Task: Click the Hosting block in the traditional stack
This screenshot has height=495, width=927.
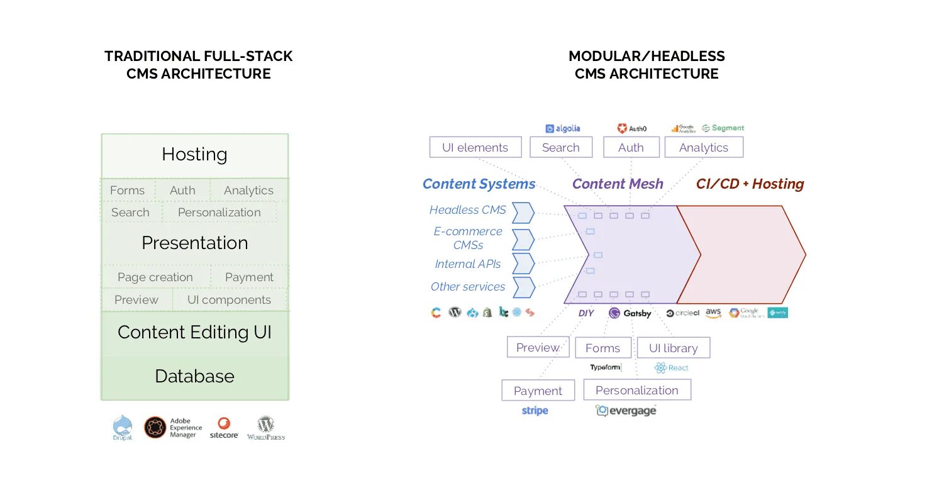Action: point(194,155)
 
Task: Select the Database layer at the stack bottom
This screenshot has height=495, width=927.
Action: point(194,377)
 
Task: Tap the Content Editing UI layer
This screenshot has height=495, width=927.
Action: point(194,333)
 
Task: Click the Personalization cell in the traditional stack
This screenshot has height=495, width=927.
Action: point(219,213)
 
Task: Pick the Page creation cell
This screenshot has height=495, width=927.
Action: point(155,277)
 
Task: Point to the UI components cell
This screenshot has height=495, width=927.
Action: point(229,300)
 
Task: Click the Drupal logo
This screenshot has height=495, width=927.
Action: point(123,428)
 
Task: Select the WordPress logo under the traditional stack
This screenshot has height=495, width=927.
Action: point(265,428)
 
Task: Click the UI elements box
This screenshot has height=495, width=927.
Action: point(475,148)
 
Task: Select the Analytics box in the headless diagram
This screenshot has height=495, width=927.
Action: point(703,148)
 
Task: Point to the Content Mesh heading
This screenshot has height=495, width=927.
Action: point(617,184)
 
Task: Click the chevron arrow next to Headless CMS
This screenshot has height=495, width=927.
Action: point(523,213)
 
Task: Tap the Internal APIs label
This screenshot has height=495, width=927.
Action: point(467,264)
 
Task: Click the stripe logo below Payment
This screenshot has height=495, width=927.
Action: point(535,411)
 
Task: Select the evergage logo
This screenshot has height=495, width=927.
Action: point(626,411)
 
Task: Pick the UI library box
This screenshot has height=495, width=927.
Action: point(673,348)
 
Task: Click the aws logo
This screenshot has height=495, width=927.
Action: point(713,313)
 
